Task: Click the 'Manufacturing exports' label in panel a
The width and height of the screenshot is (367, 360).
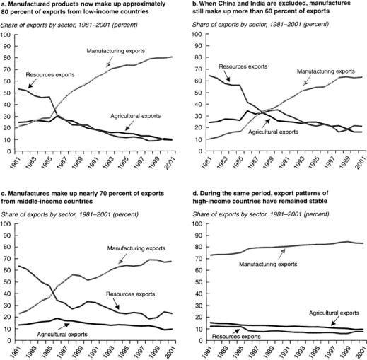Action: click(115, 51)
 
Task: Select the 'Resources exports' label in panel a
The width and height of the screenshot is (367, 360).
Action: click(50, 75)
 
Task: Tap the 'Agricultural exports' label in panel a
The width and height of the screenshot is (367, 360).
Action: click(136, 116)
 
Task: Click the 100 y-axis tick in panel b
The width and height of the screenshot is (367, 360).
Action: click(197, 35)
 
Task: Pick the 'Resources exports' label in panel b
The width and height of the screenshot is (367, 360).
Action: click(243, 66)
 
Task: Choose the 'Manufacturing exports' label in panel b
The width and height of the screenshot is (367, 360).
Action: click(325, 71)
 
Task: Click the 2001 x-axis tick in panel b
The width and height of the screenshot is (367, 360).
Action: click(361, 163)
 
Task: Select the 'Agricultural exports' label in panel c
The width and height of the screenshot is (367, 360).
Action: click(62, 335)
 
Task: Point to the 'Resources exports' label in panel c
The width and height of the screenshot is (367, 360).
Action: click(130, 294)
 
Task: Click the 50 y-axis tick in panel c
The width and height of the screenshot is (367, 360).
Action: click(8, 282)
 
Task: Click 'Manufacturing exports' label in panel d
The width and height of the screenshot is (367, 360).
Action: click(268, 264)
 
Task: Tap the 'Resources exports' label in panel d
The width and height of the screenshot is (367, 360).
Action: click(236, 337)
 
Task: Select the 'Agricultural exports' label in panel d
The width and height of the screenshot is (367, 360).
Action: click(334, 313)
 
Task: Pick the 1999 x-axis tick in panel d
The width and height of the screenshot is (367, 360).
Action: click(346, 353)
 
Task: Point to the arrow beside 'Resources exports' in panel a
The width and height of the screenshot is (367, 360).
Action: click(33, 83)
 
